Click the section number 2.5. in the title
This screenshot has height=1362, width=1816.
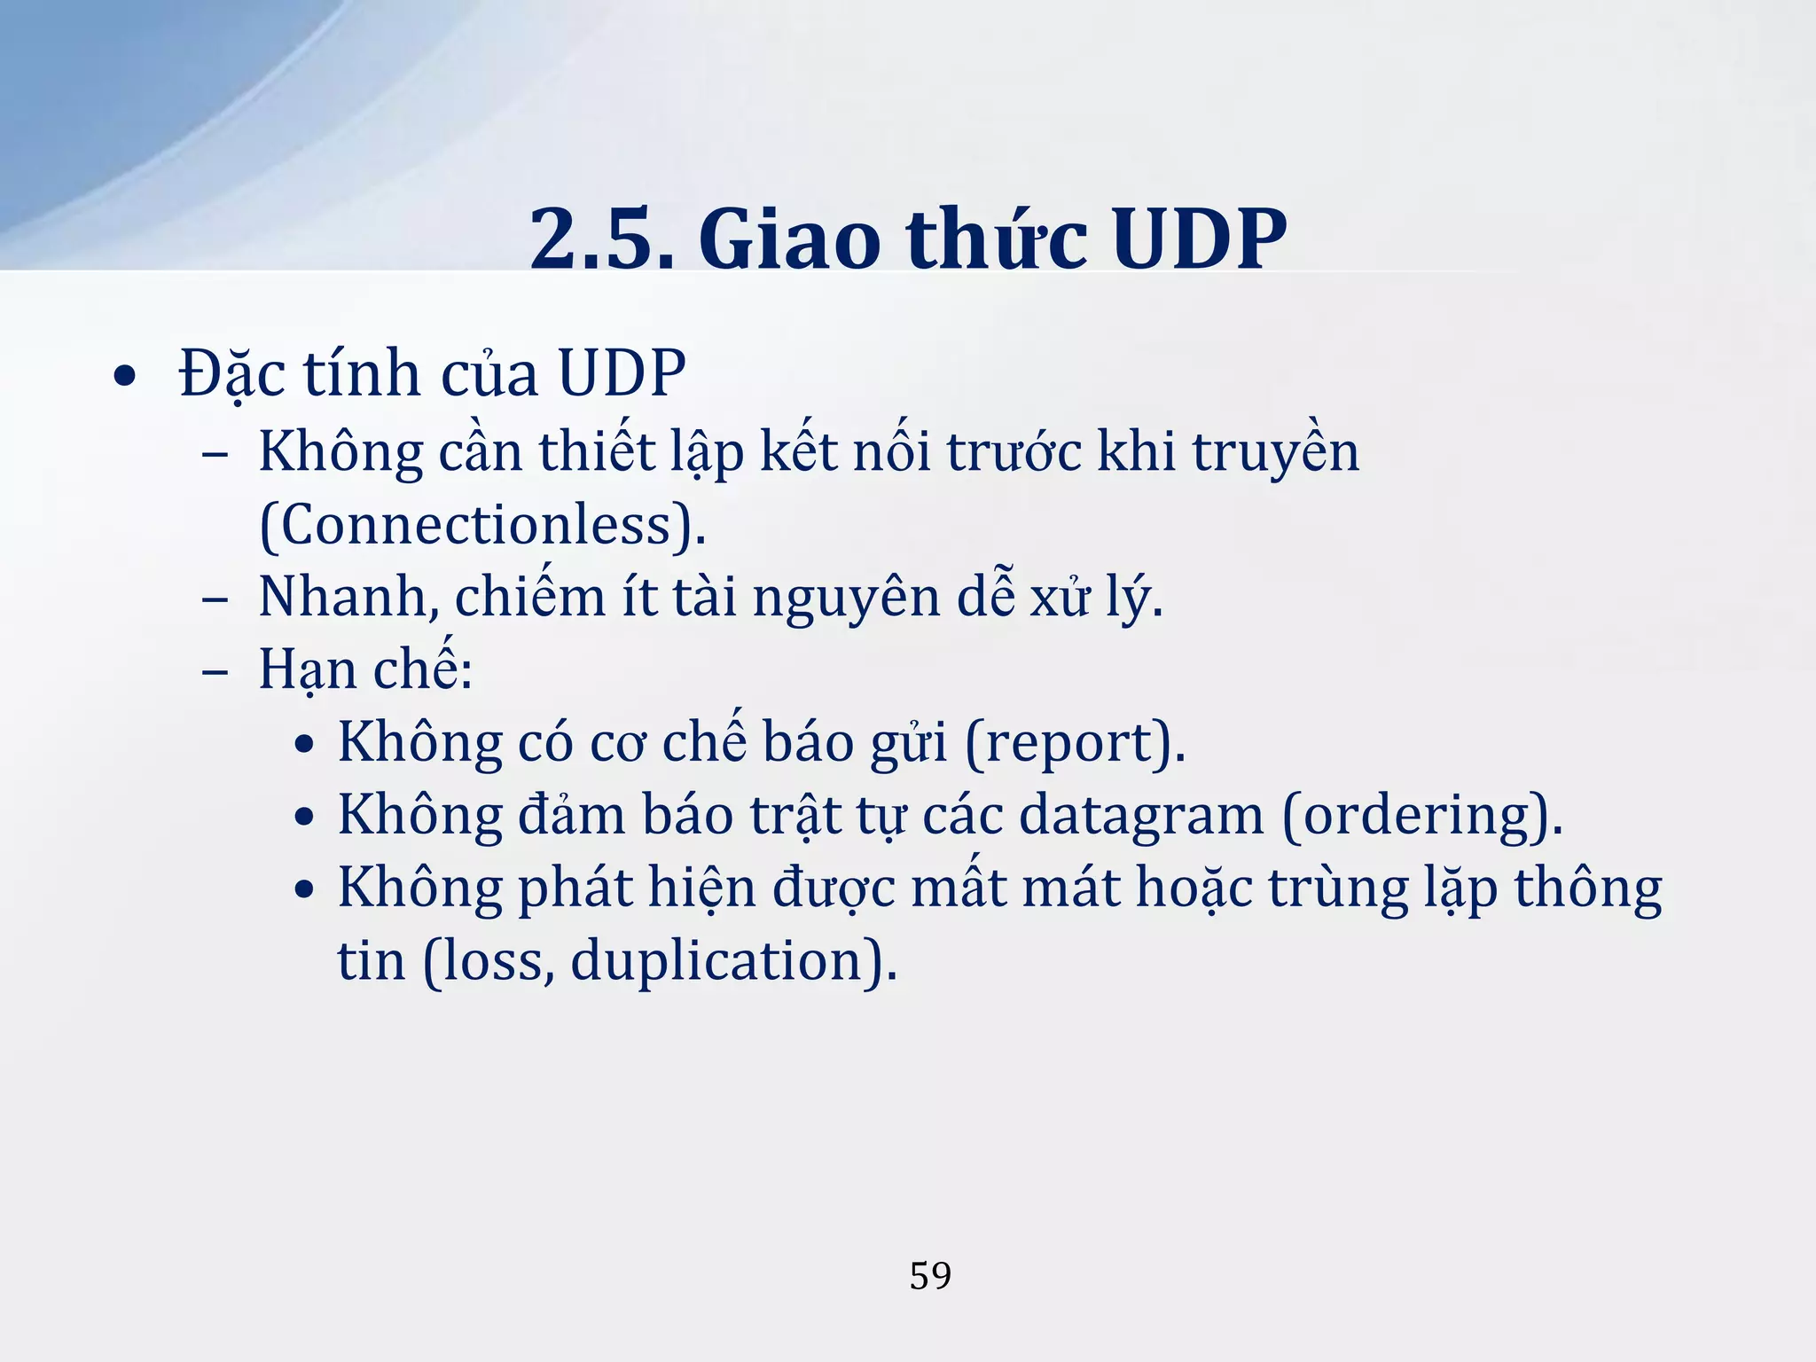602,239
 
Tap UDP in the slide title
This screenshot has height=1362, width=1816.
1200,239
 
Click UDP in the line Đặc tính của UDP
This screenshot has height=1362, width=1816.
622,373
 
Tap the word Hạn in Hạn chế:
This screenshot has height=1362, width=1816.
307,669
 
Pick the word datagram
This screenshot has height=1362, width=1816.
1141,816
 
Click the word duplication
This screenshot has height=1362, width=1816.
716,961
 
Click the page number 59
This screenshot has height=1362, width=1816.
930,1276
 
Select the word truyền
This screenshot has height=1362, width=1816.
1275,452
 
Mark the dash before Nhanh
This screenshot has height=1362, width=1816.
215,600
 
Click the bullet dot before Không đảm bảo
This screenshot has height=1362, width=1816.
305,818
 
